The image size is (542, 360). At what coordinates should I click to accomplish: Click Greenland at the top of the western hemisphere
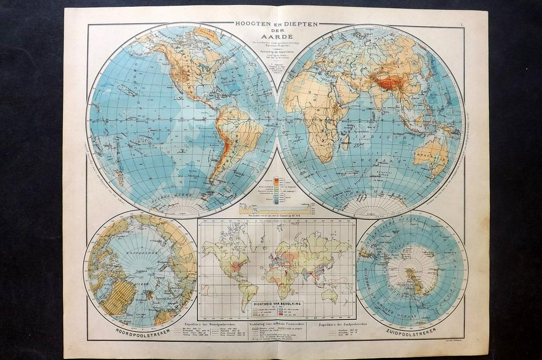[x=207, y=36]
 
